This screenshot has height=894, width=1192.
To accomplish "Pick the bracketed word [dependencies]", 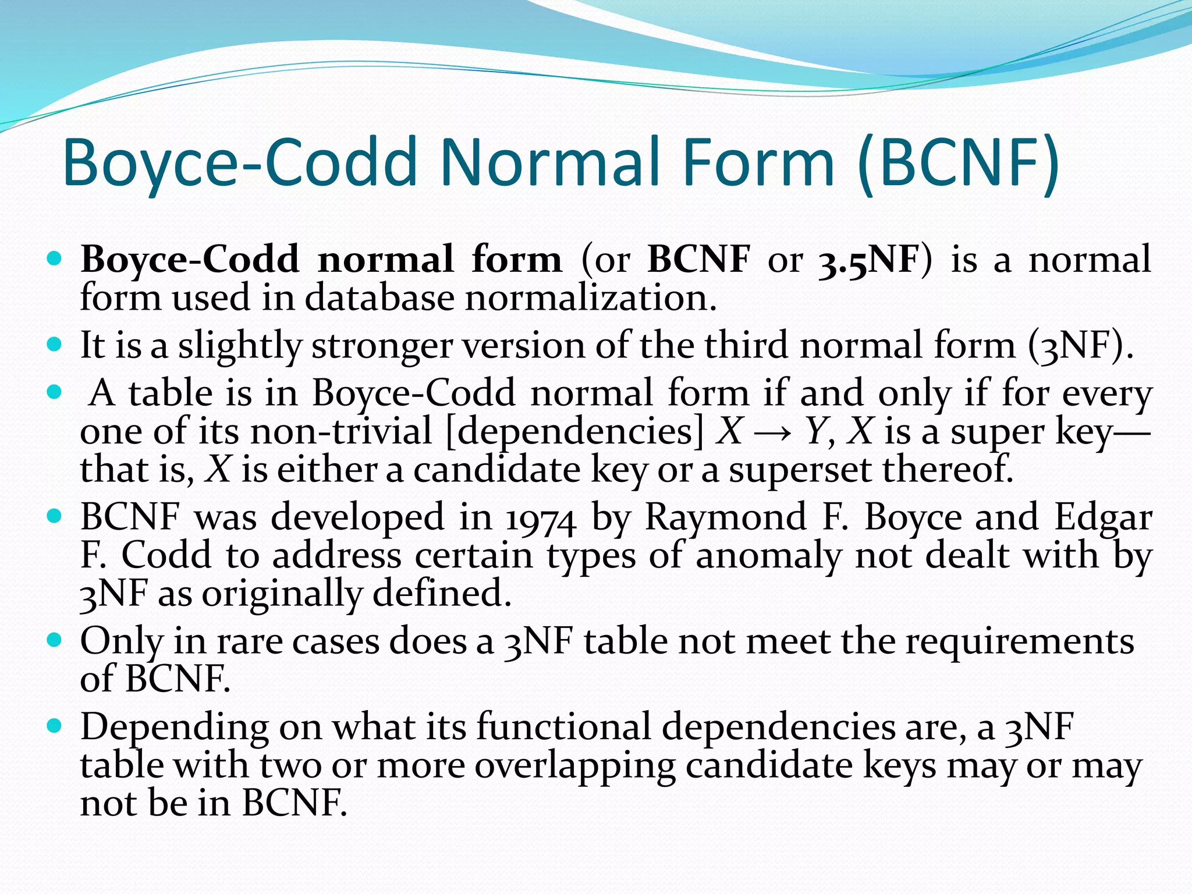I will (574, 432).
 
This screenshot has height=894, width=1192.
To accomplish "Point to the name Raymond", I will (725, 517).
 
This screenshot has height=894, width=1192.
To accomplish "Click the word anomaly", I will (768, 556).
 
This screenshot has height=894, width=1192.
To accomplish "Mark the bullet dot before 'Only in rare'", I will (54, 641).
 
